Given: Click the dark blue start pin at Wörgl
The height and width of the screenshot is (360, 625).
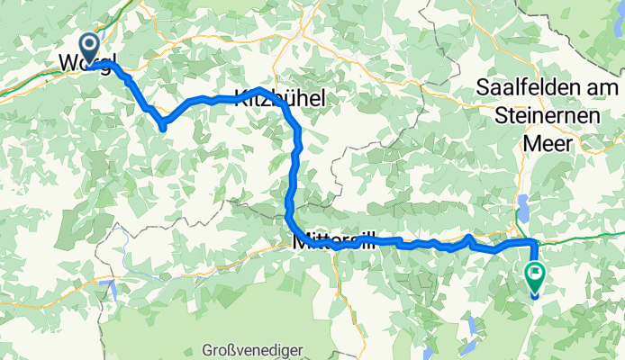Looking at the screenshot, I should [91, 45].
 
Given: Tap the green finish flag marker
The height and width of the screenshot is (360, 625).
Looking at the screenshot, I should [535, 274].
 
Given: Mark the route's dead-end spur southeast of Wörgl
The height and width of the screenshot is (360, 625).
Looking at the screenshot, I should [163, 129].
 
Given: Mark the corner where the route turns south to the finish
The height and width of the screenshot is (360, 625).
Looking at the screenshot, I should [534, 243].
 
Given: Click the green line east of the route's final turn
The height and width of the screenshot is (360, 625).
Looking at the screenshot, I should [585, 237].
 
